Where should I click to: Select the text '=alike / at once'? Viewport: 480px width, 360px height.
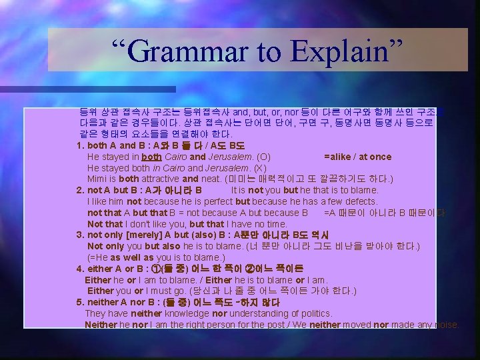pos(357,157)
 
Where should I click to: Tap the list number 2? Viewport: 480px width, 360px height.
pos(80,190)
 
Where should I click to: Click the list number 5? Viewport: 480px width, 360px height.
pos(80,303)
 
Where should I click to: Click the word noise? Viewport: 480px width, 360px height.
pos(445,325)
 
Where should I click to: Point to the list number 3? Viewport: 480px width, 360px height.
pos(80,235)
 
